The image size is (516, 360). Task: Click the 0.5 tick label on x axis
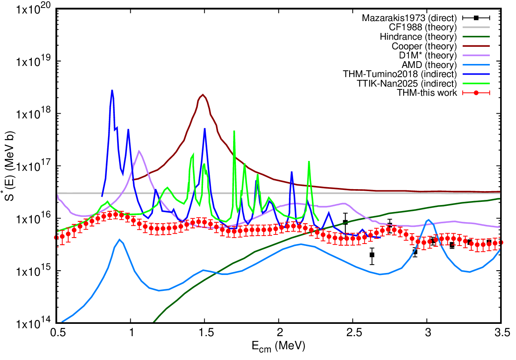coord(57,333)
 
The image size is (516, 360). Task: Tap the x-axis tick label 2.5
coord(353,333)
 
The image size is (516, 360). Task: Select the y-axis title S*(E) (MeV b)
coord(9,166)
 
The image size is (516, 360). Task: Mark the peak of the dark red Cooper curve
coord(203,95)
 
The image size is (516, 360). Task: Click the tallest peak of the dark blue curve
coord(112,90)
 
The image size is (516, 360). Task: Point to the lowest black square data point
coord(372,255)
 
